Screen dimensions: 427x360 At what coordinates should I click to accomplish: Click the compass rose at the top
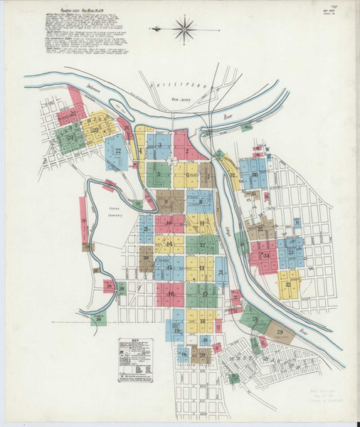click(x=184, y=29)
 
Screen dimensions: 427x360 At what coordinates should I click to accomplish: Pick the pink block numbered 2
click(x=186, y=150)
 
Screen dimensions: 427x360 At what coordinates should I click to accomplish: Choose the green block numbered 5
click(x=159, y=174)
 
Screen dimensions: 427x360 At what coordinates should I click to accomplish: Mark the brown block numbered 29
click(x=279, y=332)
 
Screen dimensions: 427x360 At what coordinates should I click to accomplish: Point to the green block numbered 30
click(x=100, y=319)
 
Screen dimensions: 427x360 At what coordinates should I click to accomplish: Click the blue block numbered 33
click(x=291, y=252)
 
